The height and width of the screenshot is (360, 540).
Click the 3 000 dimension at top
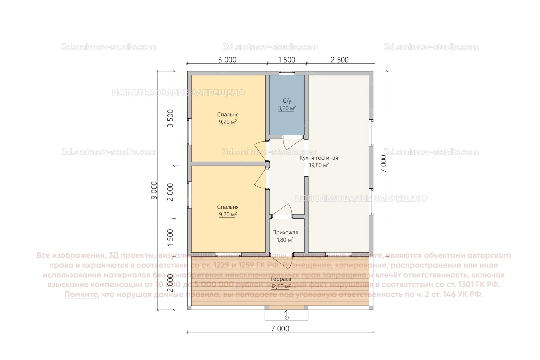(x=227, y=60)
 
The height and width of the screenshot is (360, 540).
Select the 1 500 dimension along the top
(x=286, y=60)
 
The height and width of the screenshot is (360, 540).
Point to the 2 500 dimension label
(x=339, y=60)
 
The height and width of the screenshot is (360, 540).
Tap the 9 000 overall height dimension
(x=154, y=190)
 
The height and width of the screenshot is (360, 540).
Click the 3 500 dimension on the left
(x=170, y=118)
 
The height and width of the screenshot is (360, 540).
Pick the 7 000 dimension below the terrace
(x=280, y=329)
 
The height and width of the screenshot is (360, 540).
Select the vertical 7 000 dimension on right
(x=384, y=163)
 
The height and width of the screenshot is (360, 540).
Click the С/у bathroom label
(x=287, y=101)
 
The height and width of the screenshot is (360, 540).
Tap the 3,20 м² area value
(x=287, y=108)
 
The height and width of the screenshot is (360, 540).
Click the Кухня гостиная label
(x=319, y=158)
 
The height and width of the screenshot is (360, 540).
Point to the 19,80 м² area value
(x=319, y=165)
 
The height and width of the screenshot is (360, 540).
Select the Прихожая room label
(x=285, y=232)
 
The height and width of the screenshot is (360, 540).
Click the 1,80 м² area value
(x=285, y=240)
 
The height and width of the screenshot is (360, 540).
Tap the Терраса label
(x=280, y=279)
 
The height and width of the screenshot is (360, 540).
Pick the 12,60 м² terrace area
(x=280, y=286)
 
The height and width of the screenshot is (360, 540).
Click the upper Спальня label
(x=228, y=114)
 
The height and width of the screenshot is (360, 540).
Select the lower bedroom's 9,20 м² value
(x=228, y=215)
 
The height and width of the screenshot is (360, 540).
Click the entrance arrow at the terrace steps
(x=287, y=315)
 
